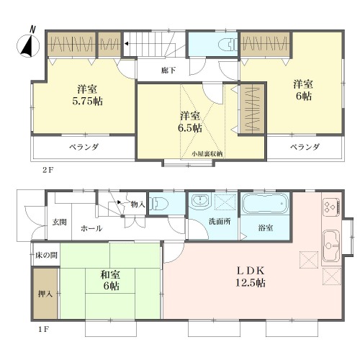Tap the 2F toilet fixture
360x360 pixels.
[228, 45]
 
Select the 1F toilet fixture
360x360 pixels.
[158, 203]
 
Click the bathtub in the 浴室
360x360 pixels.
[265, 204]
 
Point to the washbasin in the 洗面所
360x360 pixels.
[199, 200]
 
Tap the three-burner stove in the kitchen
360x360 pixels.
[331, 206]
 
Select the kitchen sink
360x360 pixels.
[331, 246]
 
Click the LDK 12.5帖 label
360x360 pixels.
[251, 277]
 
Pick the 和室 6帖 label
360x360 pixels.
[110, 280]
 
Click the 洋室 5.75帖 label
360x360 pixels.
[87, 95]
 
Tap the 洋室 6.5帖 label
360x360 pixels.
[189, 122]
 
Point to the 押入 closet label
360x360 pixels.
[45, 294]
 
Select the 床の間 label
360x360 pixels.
[46, 255]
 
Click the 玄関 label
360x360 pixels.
[59, 222]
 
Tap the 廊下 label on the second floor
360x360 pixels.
[168, 71]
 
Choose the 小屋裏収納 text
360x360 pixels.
[207, 154]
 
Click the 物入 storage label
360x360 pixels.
[138, 204]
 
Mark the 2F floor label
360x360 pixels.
[48, 171]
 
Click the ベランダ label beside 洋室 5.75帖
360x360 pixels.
[84, 147]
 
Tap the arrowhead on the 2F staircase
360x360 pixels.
[126, 44]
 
